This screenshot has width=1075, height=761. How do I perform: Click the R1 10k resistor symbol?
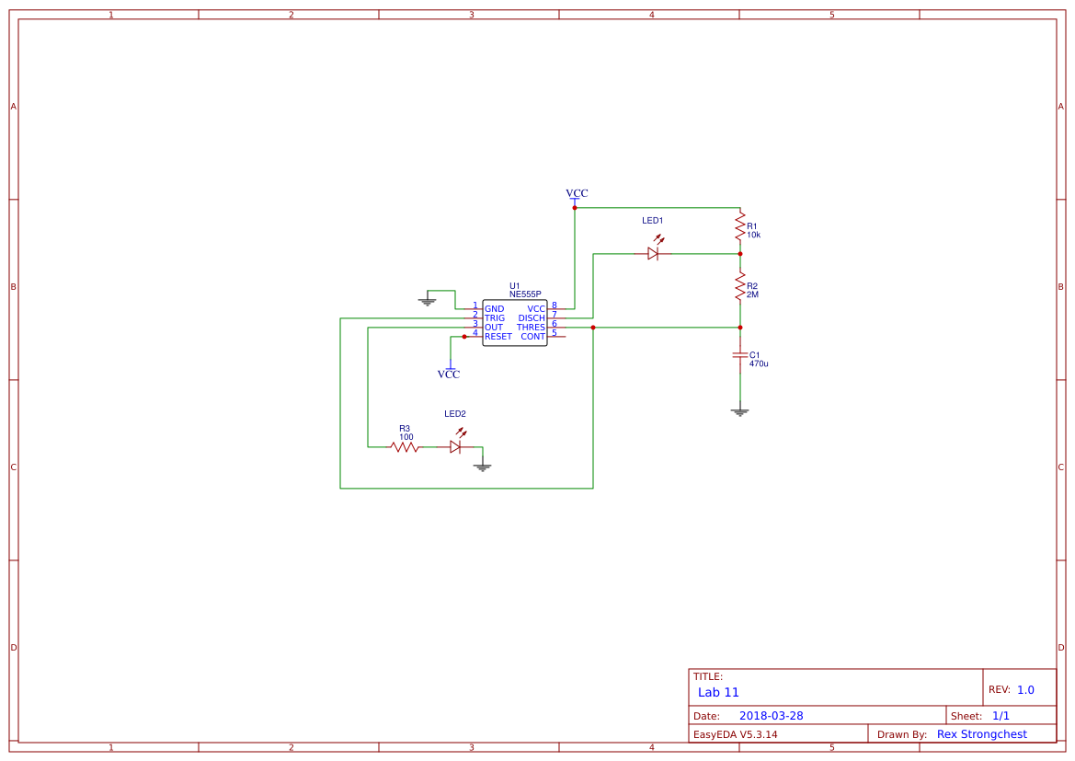point(739,226)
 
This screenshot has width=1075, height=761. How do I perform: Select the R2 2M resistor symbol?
point(739,286)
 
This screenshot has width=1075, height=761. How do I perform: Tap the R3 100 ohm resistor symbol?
point(405,446)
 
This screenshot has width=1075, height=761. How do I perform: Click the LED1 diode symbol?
point(653,253)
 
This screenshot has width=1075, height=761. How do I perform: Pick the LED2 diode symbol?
point(455,446)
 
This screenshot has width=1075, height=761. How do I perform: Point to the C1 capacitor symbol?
point(739,355)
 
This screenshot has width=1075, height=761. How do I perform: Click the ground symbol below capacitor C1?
point(739,411)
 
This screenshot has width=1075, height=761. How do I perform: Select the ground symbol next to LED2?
point(483,467)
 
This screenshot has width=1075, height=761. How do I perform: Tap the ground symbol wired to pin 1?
point(427,300)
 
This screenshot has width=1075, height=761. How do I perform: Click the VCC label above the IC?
point(577,193)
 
